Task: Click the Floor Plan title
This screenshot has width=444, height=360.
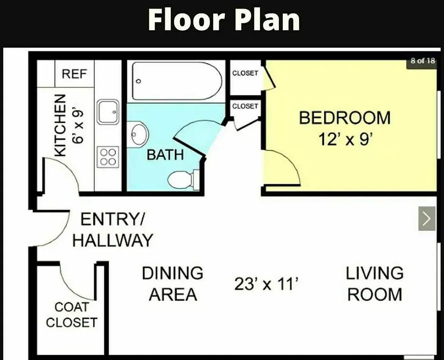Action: click(224, 20)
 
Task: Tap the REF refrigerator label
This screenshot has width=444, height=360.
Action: click(75, 74)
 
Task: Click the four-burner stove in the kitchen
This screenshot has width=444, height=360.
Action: click(108, 157)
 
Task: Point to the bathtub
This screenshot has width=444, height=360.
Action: click(177, 81)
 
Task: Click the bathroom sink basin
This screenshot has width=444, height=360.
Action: click(140, 134)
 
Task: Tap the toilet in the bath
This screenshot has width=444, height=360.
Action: click(182, 180)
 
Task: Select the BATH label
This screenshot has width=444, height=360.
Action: click(165, 155)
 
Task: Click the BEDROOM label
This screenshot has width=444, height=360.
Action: click(344, 118)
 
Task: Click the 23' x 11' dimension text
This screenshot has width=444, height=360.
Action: click(267, 284)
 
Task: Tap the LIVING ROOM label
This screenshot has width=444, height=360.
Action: click(375, 284)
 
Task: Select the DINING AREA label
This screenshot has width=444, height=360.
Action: click(173, 284)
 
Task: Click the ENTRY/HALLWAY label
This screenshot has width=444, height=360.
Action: click(113, 230)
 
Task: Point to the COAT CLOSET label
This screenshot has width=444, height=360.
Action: click(72, 315)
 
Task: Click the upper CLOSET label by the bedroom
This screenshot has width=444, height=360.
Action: click(245, 73)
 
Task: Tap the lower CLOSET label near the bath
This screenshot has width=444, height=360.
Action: click(245, 106)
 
